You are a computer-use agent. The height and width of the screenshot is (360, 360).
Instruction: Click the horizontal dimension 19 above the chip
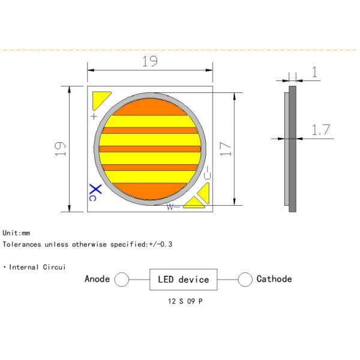coord(149,61)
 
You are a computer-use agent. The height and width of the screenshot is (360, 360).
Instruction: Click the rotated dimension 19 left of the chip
coord(60,149)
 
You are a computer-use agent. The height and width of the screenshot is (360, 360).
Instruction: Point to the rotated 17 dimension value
coord(225,149)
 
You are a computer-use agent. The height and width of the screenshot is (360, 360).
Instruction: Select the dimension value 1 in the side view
coord(314,73)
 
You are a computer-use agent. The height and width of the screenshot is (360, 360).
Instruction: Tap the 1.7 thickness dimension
coord(321,129)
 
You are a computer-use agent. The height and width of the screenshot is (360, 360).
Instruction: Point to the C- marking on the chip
coord(206,173)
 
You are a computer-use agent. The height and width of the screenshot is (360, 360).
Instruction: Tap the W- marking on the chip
coord(173,207)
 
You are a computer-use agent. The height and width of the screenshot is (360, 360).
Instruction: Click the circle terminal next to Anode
coord(122,280)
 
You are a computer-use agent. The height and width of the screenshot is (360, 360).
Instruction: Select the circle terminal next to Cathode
coord(245,280)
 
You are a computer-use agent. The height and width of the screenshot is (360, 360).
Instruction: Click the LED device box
coord(183,280)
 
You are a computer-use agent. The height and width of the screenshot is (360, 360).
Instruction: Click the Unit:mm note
coord(16,233)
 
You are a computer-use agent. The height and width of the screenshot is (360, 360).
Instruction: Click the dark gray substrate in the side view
coord(293,149)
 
